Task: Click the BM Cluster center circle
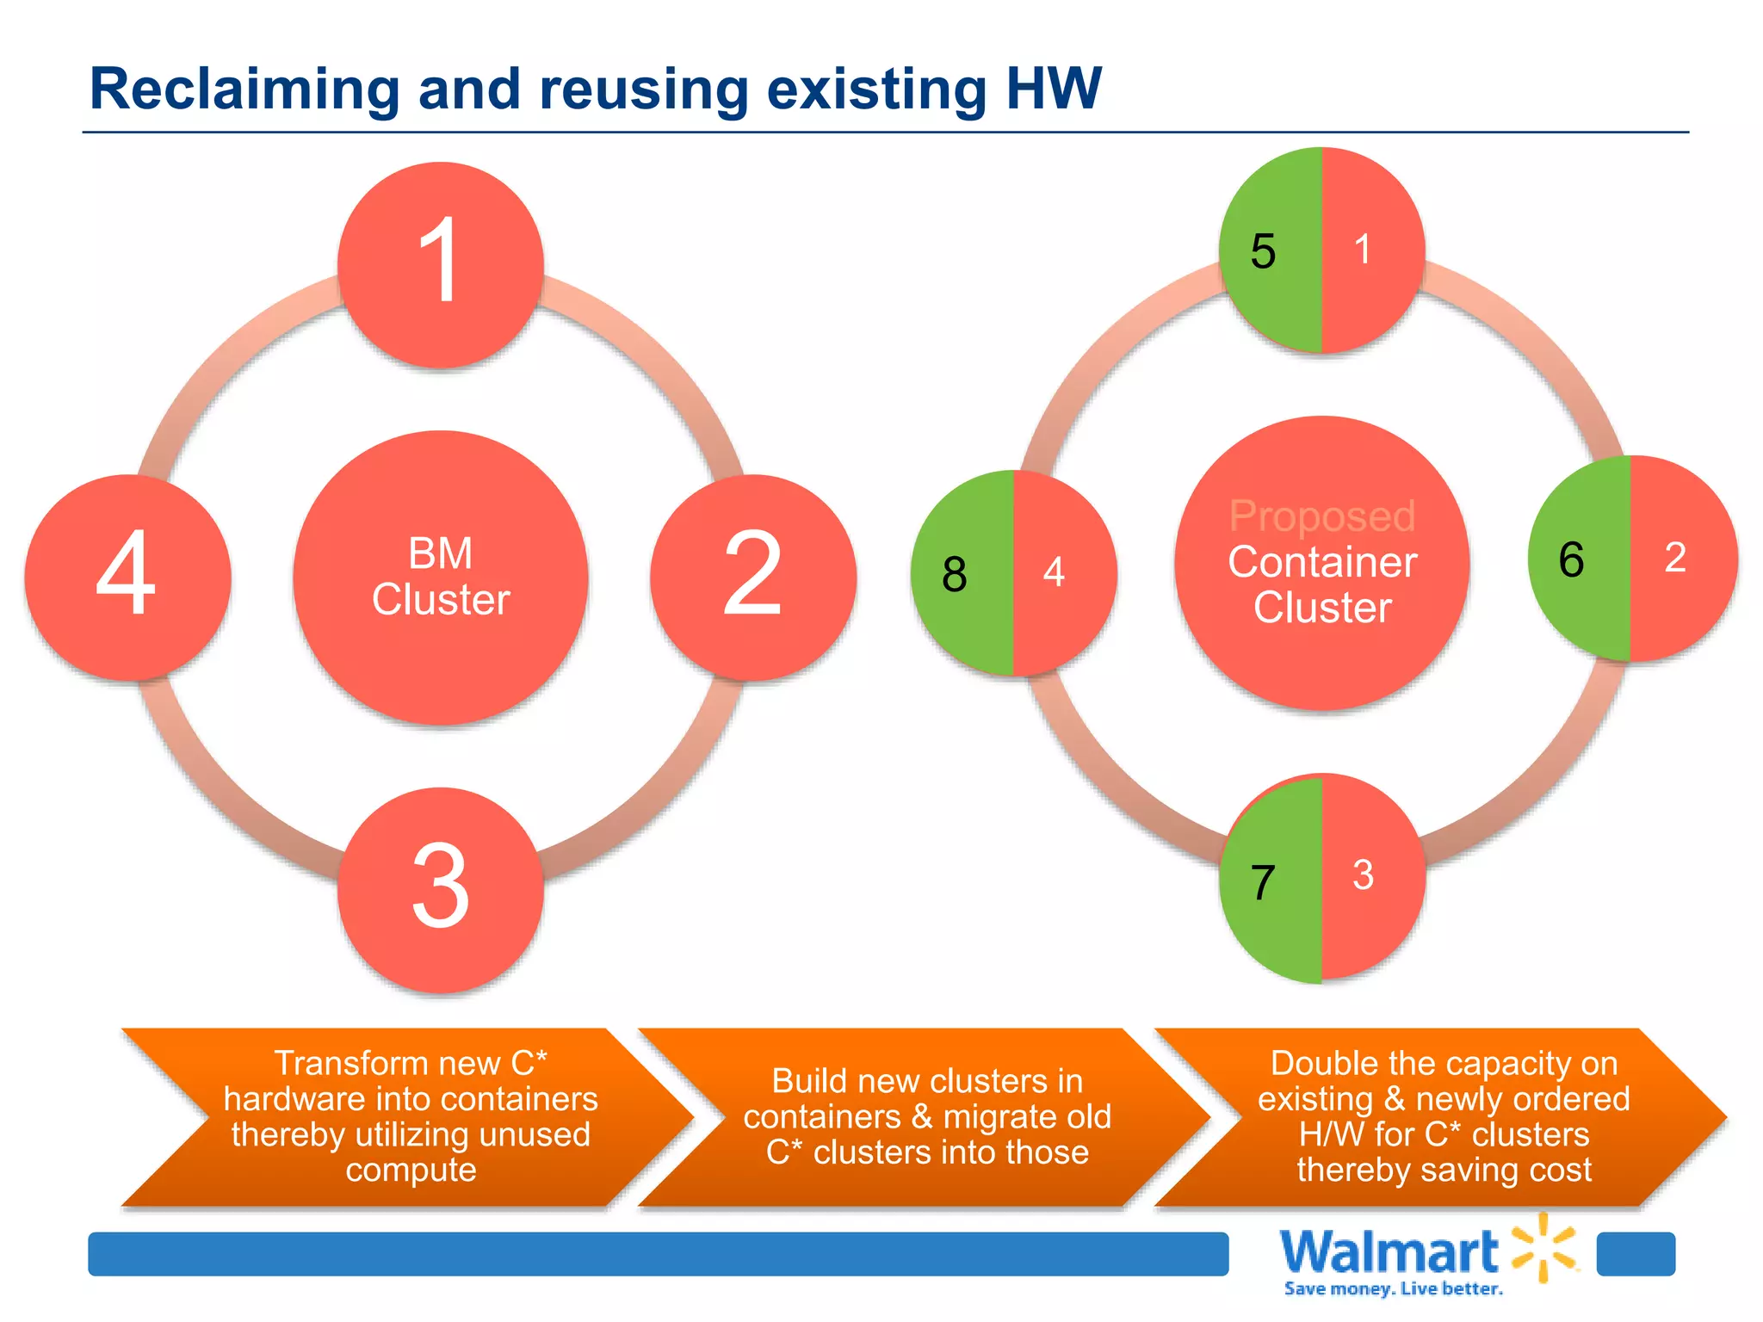pyautogui.click(x=441, y=578)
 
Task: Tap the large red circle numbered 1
pyautogui.click(x=441, y=264)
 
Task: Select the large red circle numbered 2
pyautogui.click(x=753, y=577)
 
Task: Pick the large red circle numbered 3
pyautogui.click(x=441, y=889)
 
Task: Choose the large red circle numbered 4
pyautogui.click(x=127, y=577)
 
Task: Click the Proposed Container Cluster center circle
pyautogui.click(x=1322, y=564)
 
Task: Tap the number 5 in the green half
pyautogui.click(x=1263, y=251)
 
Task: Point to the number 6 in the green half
pyautogui.click(x=1571, y=559)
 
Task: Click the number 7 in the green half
pyautogui.click(x=1263, y=883)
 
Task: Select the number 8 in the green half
pyautogui.click(x=955, y=574)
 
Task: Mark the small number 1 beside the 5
pyautogui.click(x=1362, y=250)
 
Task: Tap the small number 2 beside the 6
pyautogui.click(x=1675, y=557)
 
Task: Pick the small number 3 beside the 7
pyautogui.click(x=1363, y=875)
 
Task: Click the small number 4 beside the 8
pyautogui.click(x=1054, y=571)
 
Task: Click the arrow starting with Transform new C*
pyautogui.click(x=410, y=1116)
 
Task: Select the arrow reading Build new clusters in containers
pyautogui.click(x=927, y=1116)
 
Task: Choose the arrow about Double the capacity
pyautogui.click(x=1444, y=1116)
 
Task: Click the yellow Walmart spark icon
pyautogui.click(x=1545, y=1247)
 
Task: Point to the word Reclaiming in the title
pyautogui.click(x=244, y=89)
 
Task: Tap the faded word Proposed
pyautogui.click(x=1322, y=516)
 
